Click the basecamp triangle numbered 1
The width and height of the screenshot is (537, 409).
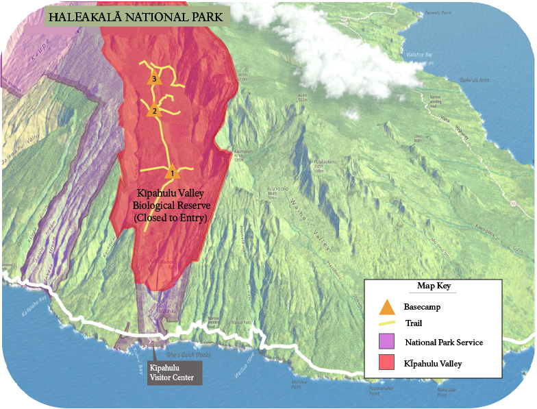173,172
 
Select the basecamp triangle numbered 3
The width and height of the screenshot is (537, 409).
153,78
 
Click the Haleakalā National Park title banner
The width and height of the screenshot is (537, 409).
137,16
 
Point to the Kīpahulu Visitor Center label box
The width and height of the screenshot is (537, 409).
175,372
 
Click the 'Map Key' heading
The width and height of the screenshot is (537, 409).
433,286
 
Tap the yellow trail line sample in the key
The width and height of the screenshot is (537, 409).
387,324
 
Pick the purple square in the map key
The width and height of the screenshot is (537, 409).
387,341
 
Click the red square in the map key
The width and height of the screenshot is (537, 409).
387,362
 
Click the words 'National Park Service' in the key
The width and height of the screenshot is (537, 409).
444,342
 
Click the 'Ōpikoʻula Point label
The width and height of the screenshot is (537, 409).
474,80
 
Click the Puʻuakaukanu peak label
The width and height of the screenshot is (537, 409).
324,164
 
